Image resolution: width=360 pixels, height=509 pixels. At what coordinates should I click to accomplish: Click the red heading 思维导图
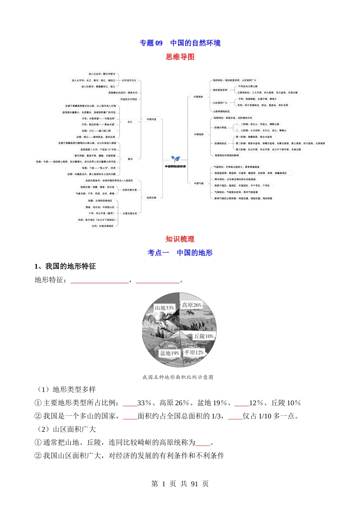point(180,57)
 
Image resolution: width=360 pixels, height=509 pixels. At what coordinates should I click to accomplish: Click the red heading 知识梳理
point(180,239)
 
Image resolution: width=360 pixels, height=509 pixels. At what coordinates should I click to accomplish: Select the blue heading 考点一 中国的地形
point(180,253)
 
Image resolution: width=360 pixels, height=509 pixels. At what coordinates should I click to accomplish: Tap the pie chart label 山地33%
point(164,308)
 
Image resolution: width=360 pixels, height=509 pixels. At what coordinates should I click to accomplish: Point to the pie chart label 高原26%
point(191,305)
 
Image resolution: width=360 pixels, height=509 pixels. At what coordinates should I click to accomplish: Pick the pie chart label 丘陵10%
point(204,336)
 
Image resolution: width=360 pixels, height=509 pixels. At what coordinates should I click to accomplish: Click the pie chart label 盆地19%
point(169,353)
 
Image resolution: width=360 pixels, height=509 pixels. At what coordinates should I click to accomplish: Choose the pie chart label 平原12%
point(194,353)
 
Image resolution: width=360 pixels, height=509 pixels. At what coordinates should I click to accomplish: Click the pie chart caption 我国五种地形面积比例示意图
point(178,377)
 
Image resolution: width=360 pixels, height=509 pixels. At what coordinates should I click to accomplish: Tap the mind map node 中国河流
point(152,119)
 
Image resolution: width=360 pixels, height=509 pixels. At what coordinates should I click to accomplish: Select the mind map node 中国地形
point(198,97)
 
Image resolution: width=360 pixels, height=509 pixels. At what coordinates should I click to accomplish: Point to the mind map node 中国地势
point(199,134)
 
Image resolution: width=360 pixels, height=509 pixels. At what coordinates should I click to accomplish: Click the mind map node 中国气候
point(199,183)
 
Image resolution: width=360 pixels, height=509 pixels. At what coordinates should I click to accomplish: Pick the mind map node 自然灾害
point(152,198)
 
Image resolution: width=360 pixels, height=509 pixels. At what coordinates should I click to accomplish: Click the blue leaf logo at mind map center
point(175,159)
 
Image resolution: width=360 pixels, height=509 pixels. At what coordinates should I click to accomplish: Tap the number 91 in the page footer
point(194,484)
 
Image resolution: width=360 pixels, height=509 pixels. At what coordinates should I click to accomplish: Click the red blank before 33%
point(130,403)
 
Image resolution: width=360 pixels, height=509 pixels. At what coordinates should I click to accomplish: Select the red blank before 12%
point(242,403)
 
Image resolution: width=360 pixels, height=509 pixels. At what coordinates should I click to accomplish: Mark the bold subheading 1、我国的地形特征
point(65,266)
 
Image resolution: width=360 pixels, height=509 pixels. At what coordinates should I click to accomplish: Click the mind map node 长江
point(130,122)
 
